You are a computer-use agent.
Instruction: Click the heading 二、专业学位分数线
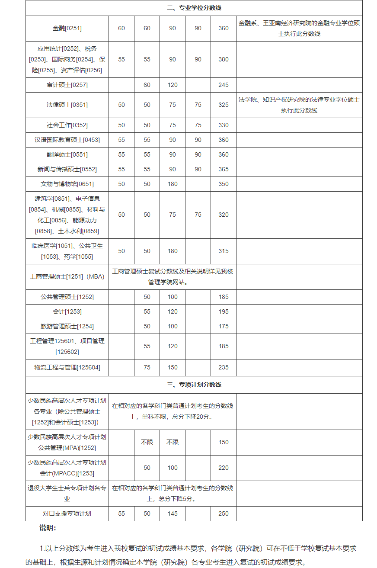194,8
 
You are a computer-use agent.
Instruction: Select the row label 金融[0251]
67,29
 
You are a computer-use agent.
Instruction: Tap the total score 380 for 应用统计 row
224,59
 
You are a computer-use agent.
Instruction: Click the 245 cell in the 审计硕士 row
224,85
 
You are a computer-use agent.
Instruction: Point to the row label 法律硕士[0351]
67,105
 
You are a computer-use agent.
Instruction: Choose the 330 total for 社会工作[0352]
224,125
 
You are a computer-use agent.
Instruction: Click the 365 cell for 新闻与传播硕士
224,169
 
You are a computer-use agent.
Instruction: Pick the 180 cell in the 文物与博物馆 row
173,184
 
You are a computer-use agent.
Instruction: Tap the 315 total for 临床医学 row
224,251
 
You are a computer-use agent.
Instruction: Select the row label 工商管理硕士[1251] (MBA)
67,276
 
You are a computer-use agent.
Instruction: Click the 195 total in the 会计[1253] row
224,311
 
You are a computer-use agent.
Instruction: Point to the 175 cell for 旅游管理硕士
224,326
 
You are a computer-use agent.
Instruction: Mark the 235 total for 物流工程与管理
224,367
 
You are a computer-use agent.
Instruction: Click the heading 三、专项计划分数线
194,385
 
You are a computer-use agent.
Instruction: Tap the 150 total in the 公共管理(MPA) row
224,442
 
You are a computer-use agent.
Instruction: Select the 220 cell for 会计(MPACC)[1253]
224,468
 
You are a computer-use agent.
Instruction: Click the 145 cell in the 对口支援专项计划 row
173,513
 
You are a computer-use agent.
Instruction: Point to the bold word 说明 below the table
48,528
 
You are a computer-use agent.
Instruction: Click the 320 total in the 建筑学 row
224,215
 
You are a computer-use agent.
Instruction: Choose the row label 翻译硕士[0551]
67,154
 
